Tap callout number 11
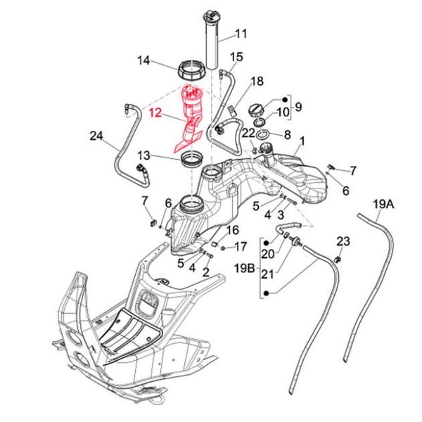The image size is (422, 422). [241, 34]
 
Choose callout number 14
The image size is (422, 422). [144, 61]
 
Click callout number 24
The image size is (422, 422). [96, 136]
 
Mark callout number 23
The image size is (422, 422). [343, 241]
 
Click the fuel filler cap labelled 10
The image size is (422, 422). [257, 111]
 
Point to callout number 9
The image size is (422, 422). [298, 107]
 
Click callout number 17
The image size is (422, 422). [240, 246]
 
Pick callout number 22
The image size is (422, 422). [248, 132]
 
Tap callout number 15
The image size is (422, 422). [236, 56]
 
